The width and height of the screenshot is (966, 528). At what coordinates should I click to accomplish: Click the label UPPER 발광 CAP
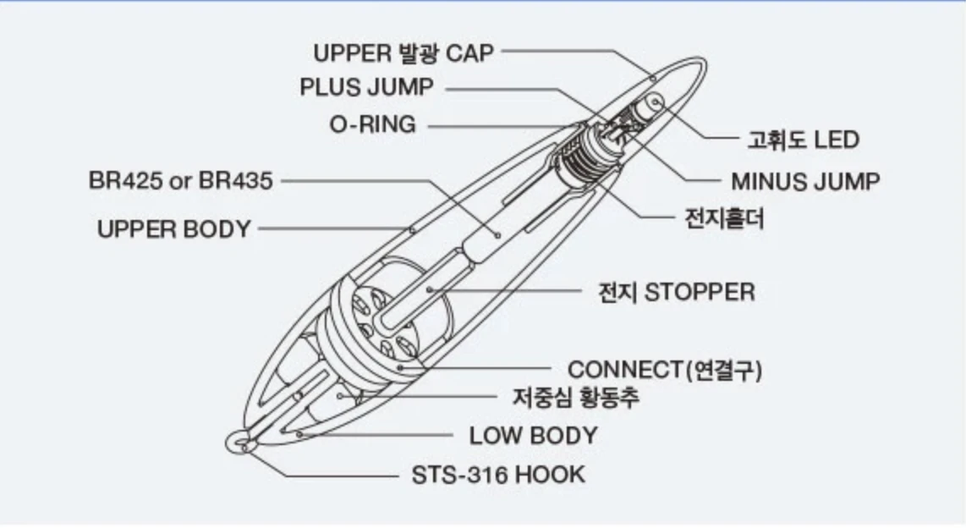[403, 53]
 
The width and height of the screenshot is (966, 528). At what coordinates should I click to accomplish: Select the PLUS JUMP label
[366, 87]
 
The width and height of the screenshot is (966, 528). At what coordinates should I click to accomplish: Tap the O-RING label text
[373, 124]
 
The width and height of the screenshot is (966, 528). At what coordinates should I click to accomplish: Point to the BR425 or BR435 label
[180, 180]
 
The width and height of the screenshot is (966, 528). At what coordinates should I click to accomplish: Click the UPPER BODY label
[173, 229]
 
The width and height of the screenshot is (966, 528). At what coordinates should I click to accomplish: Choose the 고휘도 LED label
[804, 140]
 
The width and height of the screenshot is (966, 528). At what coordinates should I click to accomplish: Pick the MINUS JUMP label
[805, 182]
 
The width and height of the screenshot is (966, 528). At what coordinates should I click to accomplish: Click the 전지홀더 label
[724, 218]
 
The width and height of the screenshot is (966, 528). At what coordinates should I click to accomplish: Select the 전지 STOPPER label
[677, 292]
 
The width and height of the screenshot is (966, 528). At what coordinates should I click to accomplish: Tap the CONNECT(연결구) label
[665, 370]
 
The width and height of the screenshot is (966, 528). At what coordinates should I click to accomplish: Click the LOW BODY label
[534, 436]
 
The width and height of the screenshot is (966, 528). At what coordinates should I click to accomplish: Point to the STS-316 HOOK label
[498, 475]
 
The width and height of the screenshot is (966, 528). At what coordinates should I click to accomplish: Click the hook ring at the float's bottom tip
[239, 442]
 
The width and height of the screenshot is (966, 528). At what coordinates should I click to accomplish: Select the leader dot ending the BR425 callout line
[497, 234]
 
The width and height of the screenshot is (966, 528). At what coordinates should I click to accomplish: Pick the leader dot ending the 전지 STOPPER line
[430, 289]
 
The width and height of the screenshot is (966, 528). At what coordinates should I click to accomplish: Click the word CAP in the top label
[469, 53]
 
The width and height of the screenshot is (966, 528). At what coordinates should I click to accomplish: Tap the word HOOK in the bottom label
[550, 475]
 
